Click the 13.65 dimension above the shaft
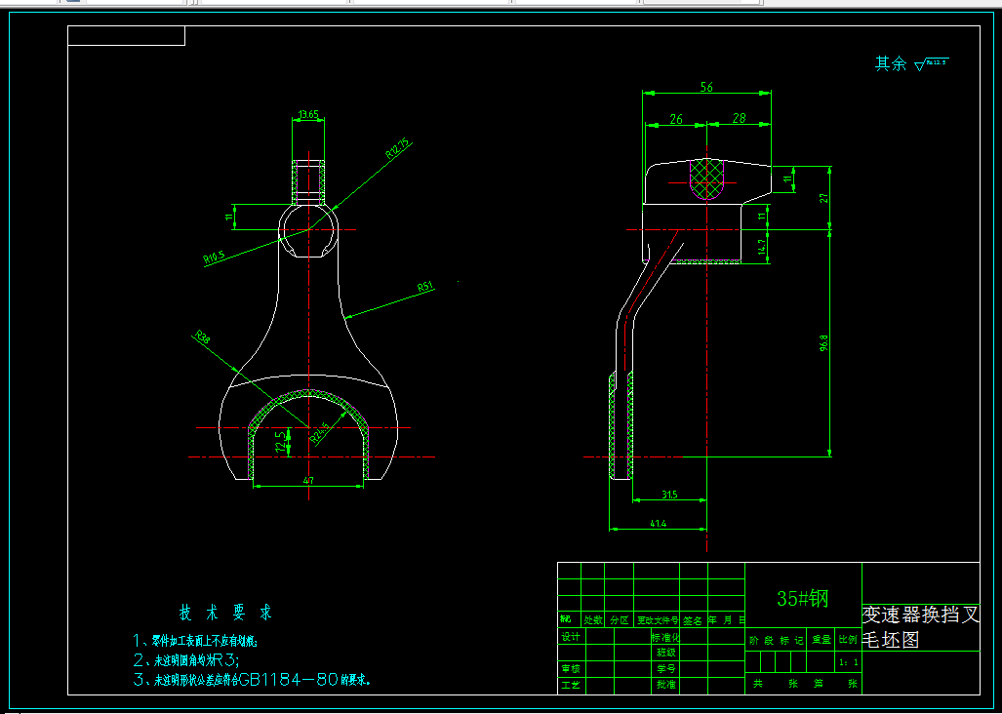(308, 114)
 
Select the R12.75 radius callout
(398, 147)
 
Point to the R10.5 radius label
(214, 258)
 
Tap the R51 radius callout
(424, 287)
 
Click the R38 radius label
(203, 337)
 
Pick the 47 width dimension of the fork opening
(308, 480)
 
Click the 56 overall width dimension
(706, 87)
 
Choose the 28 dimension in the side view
(739, 118)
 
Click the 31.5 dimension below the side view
(668, 495)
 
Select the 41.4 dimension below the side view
(657, 524)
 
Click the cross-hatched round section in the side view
(708, 179)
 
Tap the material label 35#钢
(802, 598)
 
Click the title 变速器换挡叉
(920, 615)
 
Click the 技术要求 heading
(225, 614)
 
